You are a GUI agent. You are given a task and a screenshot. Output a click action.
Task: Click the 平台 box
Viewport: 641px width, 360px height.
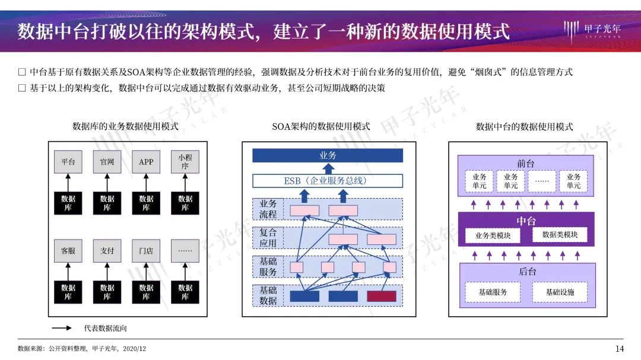68,161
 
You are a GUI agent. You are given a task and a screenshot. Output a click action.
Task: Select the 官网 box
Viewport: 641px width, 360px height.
107,161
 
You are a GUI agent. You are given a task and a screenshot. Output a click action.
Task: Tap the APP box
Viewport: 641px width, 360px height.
146,161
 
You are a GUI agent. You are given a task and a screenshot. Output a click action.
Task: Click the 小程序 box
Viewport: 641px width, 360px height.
185,161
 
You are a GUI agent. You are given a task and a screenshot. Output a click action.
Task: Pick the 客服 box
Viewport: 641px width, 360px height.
68,251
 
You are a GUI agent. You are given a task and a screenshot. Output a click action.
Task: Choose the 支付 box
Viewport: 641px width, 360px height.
107,251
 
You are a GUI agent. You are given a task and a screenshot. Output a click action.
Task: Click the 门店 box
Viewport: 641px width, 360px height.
146,251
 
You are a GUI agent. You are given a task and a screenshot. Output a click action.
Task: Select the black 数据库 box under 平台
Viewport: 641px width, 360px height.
68,203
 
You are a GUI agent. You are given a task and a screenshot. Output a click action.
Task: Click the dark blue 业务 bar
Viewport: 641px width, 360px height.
328,155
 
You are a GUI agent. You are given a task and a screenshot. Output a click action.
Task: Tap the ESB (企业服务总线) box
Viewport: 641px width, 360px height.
328,180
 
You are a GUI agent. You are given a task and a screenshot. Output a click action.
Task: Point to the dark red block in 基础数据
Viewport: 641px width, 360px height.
381,296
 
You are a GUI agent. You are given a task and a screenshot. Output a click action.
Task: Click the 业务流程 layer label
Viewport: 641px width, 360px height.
268,209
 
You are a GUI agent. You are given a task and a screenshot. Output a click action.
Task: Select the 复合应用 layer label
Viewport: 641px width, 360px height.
268,238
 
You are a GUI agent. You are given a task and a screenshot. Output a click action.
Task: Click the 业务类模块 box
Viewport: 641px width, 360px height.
492,235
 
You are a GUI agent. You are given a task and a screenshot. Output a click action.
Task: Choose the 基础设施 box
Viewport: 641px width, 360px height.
560,292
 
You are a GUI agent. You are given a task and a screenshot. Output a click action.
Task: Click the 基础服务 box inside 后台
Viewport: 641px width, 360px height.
493,292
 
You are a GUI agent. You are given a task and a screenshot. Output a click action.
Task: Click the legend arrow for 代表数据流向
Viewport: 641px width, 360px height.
62,328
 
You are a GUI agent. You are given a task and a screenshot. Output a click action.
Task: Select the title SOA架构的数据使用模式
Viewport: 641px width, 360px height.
321,126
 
